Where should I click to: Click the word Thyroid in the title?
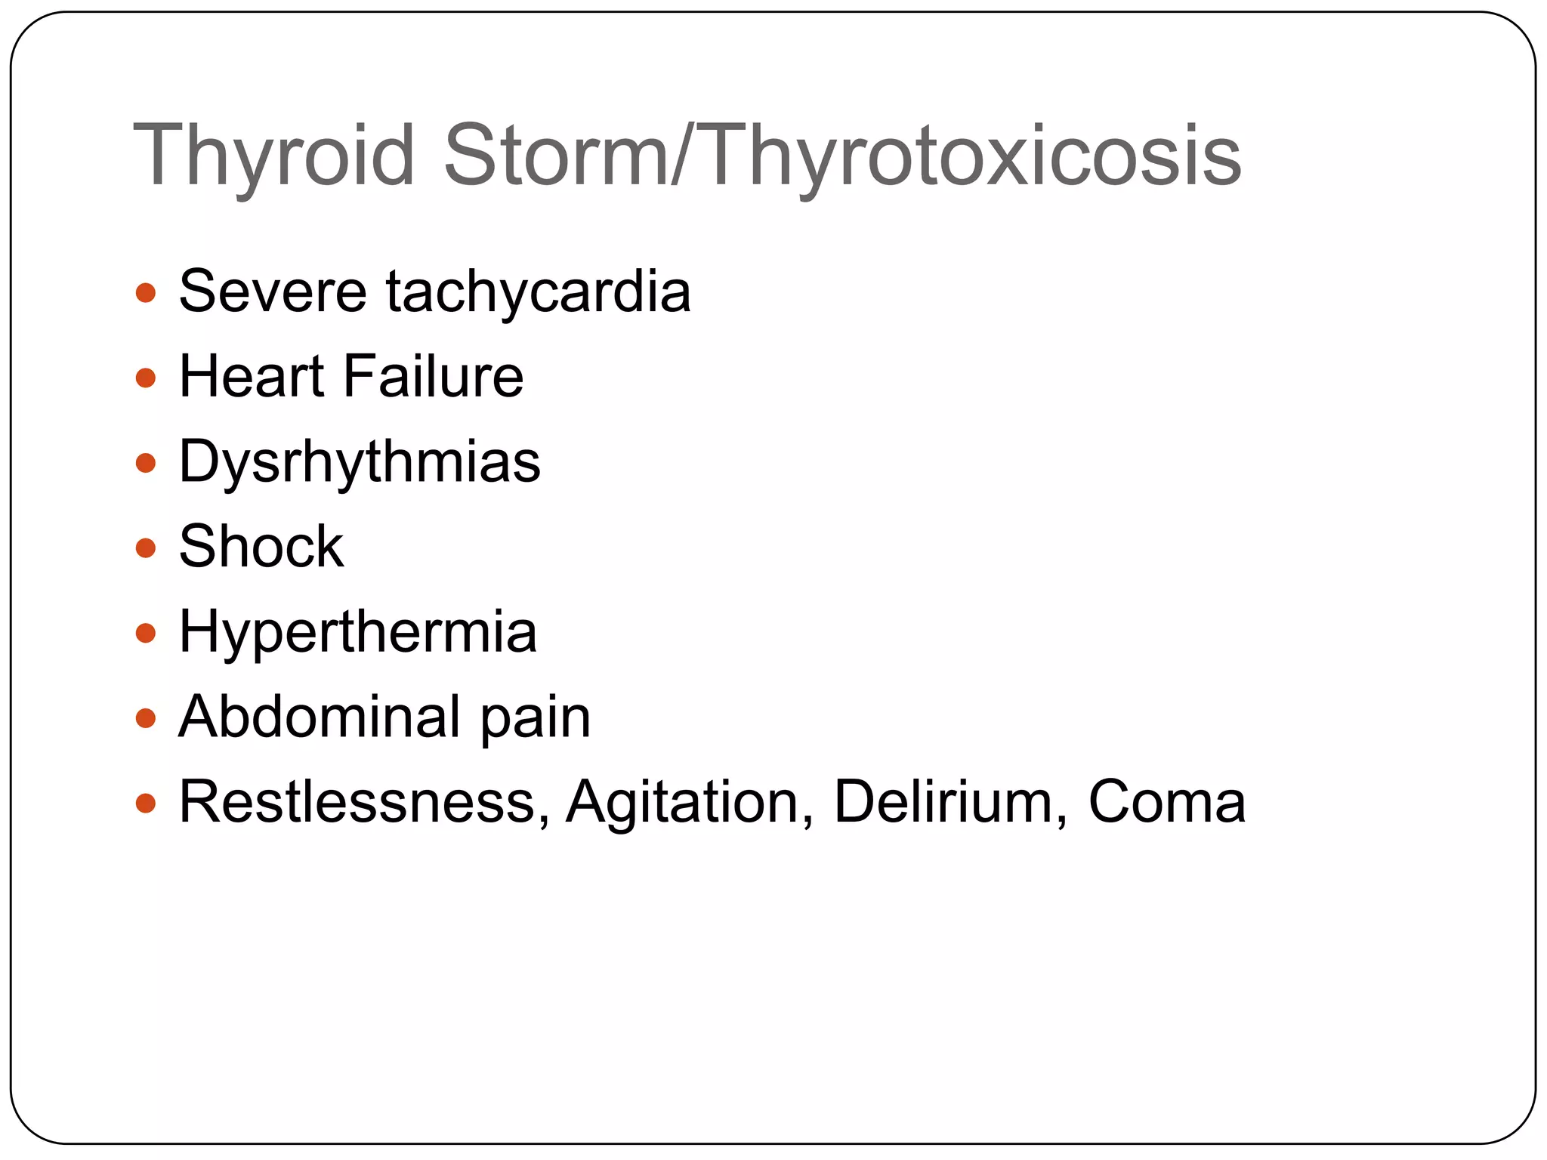coord(273,156)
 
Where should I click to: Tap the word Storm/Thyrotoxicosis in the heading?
coord(842,156)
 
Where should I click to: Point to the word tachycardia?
coord(539,292)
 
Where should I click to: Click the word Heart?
coord(252,376)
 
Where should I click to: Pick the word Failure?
coord(434,376)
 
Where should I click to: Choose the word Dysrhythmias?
coord(360,462)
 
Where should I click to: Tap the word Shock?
coord(261,546)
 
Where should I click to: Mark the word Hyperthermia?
coord(358,632)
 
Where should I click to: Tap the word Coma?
coord(1166,801)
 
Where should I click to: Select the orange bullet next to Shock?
coord(146,548)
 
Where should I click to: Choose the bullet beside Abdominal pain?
coord(146,717)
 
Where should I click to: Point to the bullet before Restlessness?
coord(146,803)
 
